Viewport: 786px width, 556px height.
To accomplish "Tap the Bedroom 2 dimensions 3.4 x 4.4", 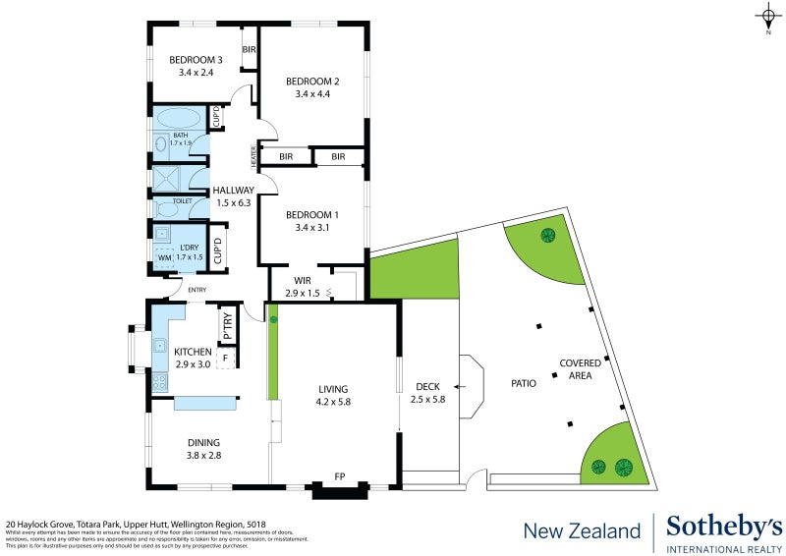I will coord(311,94).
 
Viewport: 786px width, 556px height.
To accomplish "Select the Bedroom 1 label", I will coord(311,215).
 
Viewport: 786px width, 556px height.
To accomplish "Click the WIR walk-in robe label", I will coord(302,280).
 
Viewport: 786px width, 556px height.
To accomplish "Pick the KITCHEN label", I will coord(193,351).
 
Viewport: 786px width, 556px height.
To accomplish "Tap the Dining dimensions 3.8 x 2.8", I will coord(204,456).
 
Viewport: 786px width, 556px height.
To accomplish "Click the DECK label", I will coord(427,386).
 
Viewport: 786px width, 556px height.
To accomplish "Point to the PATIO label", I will coord(523,382).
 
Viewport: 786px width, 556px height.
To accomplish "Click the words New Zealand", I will coord(582,531).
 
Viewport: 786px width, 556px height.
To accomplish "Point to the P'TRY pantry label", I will coord(227,326).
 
